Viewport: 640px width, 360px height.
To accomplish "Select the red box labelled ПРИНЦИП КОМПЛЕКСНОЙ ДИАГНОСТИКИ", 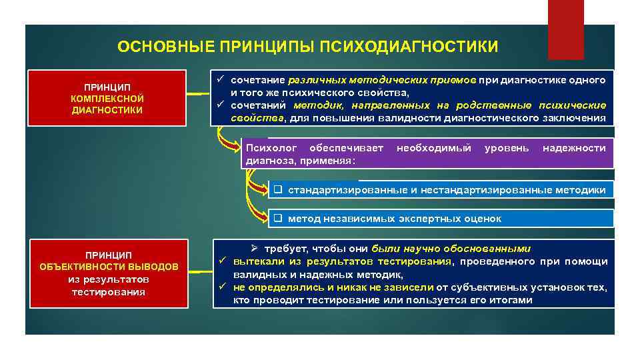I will (107, 99).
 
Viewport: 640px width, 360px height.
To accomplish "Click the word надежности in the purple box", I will (574, 148).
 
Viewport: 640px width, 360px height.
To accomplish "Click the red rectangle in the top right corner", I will (565, 30).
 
